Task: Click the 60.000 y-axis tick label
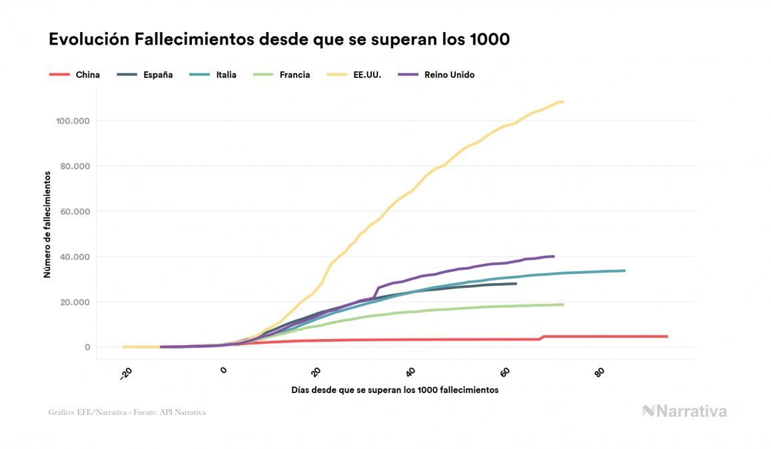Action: coord(73,212)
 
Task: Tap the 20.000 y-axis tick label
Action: coord(73,302)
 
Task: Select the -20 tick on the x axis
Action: coord(126,374)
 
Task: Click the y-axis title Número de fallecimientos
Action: coord(47,224)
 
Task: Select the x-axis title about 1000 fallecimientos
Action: coord(394,390)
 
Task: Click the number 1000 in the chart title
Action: coord(488,39)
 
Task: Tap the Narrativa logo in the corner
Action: coord(684,411)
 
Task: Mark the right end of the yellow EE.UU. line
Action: coord(563,102)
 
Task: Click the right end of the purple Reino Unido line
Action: coord(553,256)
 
